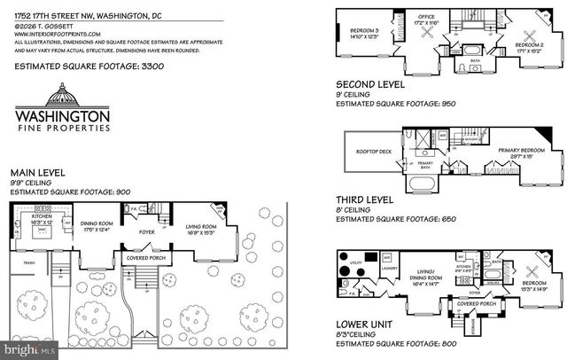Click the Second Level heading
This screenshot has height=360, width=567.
369,84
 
